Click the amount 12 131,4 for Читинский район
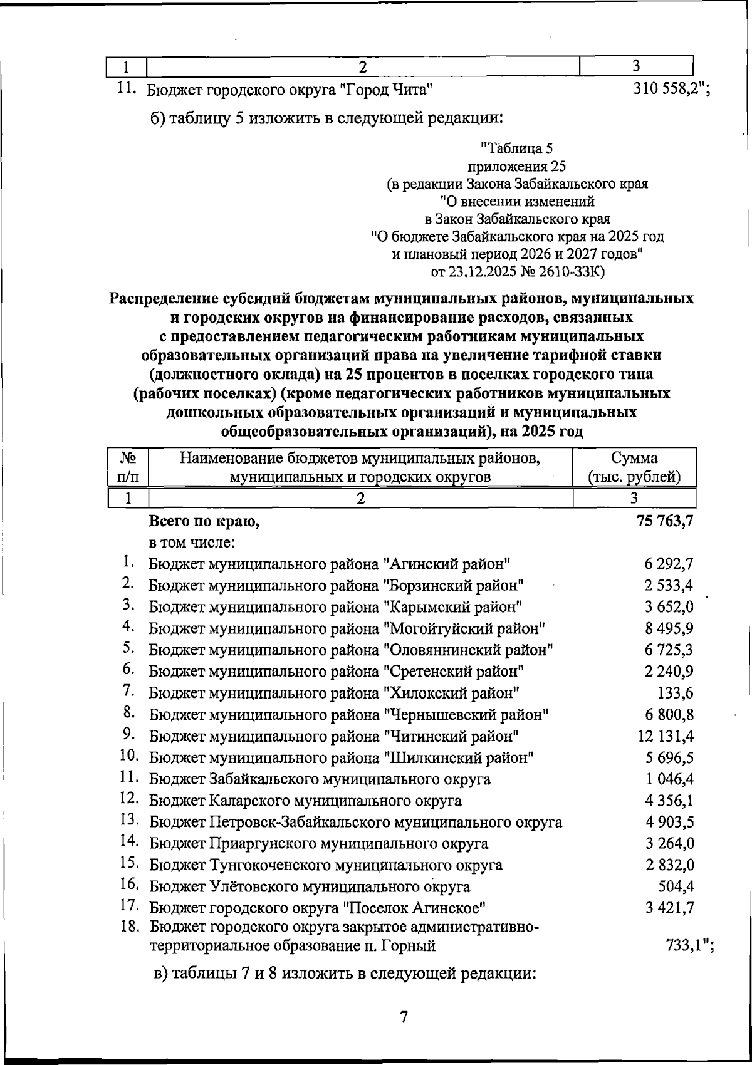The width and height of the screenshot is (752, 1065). tap(666, 736)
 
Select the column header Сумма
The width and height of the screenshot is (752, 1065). tap(634, 457)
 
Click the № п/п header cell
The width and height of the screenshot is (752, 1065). tap(128, 467)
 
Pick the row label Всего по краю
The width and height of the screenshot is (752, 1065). tap(204, 521)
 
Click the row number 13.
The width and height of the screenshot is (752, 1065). tap(128, 820)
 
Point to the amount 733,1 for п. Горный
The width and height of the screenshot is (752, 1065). tap(686, 946)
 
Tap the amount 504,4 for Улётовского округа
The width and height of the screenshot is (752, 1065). tap(676, 886)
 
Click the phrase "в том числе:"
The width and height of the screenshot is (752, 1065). tap(192, 542)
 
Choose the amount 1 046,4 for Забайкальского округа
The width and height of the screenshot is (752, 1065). tap(669, 779)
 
